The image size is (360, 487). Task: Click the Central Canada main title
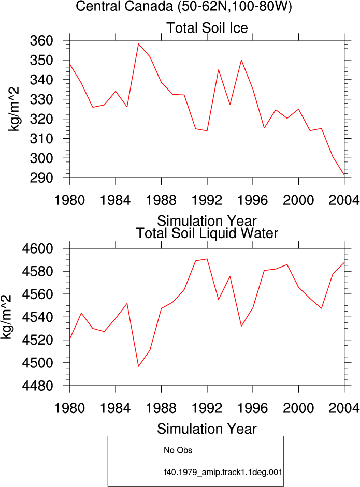click(184, 6)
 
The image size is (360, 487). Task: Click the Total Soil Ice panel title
click(207, 27)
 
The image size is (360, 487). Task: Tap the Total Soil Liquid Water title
click(207, 233)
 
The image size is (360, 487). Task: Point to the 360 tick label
click(41, 41)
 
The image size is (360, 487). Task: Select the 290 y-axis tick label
click(41, 178)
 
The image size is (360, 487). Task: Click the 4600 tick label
click(37, 249)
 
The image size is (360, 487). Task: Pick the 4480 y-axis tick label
click(37, 386)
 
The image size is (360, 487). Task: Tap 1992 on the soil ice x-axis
click(207, 200)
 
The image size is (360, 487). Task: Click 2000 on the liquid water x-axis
click(298, 408)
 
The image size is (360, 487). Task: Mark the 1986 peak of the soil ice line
click(138, 44)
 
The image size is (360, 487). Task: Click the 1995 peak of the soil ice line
click(241, 60)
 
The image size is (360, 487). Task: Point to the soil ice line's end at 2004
click(344, 175)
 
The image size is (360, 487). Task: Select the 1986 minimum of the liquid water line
click(138, 366)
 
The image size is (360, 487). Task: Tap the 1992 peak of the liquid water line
click(207, 259)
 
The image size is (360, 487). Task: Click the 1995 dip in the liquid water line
click(241, 326)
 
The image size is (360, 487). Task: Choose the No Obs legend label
click(178, 450)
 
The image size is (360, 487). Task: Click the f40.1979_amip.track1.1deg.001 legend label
click(223, 473)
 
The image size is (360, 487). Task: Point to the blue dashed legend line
click(136, 450)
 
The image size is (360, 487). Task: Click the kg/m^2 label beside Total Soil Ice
click(13, 109)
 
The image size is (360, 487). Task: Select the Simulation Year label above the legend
click(207, 429)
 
